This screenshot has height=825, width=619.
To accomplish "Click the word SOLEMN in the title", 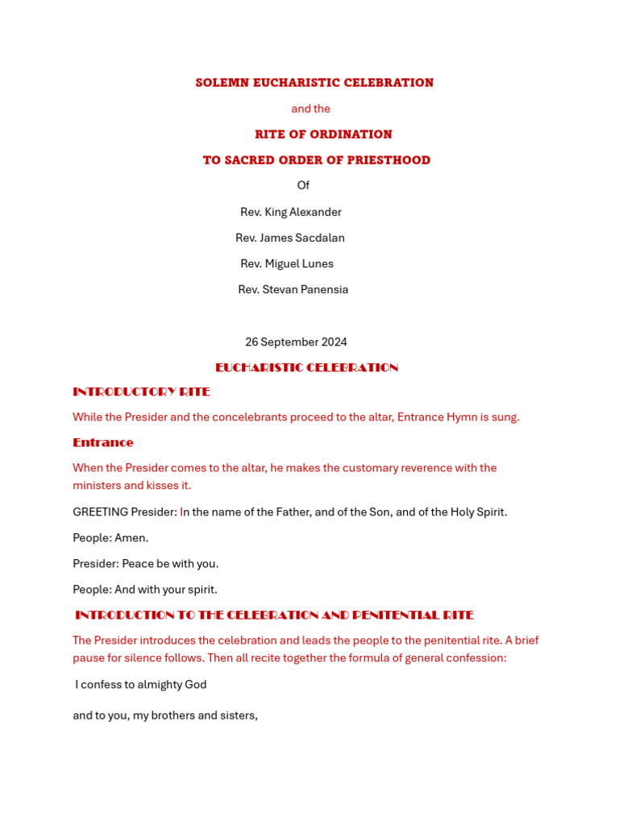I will [222, 83].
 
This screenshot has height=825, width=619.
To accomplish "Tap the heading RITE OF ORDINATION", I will [323, 135].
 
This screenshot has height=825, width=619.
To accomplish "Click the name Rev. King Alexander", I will [291, 212].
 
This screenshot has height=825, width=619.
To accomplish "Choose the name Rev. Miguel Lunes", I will [287, 263].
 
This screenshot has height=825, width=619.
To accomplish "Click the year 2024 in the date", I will [334, 342].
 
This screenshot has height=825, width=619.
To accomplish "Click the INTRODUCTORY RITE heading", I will [141, 392].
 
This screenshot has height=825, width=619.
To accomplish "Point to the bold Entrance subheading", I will [103, 443].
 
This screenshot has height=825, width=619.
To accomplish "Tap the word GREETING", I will [100, 512].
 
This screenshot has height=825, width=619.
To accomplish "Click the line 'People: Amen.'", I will [110, 538].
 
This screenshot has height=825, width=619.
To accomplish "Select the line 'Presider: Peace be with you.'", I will [146, 564].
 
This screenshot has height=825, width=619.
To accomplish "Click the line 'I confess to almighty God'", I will [141, 685].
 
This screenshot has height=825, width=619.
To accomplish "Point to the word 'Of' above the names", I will [303, 186].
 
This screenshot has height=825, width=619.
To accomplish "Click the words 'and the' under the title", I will [310, 109].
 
